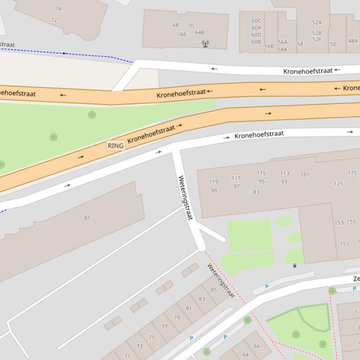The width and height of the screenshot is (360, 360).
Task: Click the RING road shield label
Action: click(116, 146)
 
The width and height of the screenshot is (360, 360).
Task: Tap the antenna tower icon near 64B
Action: click(205, 43)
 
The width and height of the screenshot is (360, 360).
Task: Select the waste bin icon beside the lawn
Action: click(294, 266)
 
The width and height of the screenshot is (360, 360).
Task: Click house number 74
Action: click(59, 8)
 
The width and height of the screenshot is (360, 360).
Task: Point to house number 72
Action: click(54, 20)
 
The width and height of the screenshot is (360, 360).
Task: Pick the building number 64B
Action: click(200, 32)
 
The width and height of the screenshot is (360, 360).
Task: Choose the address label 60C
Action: click(256, 21)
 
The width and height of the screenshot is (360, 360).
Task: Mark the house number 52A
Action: click(317, 22)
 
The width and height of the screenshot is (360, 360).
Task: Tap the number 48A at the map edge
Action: click(353, 41)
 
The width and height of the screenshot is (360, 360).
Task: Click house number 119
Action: click(213, 181)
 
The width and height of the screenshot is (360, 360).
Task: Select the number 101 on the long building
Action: click(305, 175)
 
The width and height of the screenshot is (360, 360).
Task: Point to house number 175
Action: click(352, 173)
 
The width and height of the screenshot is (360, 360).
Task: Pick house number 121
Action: click(338, 184)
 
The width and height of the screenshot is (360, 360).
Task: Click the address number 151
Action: click(344, 244)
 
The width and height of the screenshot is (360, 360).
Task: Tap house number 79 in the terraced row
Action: click(177, 317)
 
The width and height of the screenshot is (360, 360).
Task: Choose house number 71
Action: click(127, 356)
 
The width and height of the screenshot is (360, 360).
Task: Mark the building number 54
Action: click(300, 44)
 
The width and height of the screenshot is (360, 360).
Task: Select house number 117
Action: click(236, 178)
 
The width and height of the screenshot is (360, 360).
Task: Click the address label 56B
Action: click(269, 46)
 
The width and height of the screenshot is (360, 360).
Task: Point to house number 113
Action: click(285, 173)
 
